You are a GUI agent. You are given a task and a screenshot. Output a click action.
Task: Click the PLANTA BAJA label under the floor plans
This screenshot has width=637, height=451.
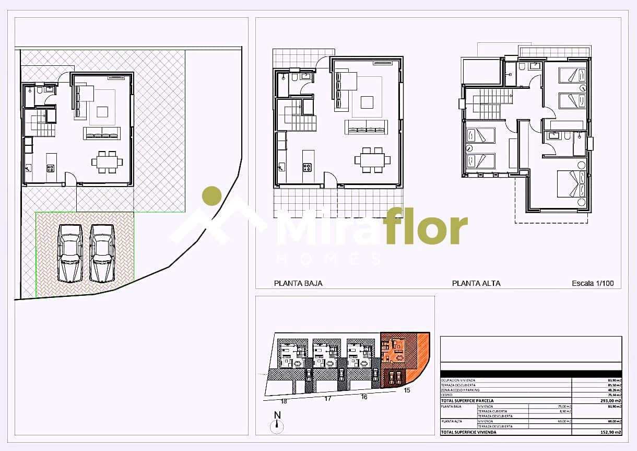(298, 283)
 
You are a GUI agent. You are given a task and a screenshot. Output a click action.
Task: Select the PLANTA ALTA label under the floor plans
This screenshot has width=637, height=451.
(476, 283)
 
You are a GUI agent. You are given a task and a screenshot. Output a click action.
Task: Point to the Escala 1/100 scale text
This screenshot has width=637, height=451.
(593, 284)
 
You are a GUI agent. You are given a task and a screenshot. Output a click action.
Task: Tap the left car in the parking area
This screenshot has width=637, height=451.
(70, 252)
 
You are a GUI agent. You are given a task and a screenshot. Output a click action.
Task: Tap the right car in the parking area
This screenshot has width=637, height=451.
(102, 252)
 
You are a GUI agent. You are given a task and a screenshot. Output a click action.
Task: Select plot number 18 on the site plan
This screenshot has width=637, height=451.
(284, 401)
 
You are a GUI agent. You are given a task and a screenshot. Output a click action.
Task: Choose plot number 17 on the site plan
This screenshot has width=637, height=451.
(328, 399)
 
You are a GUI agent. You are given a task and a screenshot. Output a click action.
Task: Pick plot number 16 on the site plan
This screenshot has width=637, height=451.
(364, 397)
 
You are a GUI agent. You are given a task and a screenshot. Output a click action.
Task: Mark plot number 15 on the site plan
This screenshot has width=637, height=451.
(407, 390)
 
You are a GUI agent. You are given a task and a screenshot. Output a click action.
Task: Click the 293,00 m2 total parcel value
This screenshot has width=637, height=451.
(611, 401)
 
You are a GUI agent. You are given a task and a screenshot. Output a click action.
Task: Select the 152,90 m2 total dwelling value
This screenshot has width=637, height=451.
(611, 432)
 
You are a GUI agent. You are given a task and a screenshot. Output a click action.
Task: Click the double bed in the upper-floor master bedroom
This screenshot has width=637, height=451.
(571, 184)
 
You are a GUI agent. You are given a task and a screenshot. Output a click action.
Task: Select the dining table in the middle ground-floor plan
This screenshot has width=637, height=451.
(372, 159)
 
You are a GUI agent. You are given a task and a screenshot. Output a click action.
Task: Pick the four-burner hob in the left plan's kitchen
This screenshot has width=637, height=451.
(51, 168)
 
